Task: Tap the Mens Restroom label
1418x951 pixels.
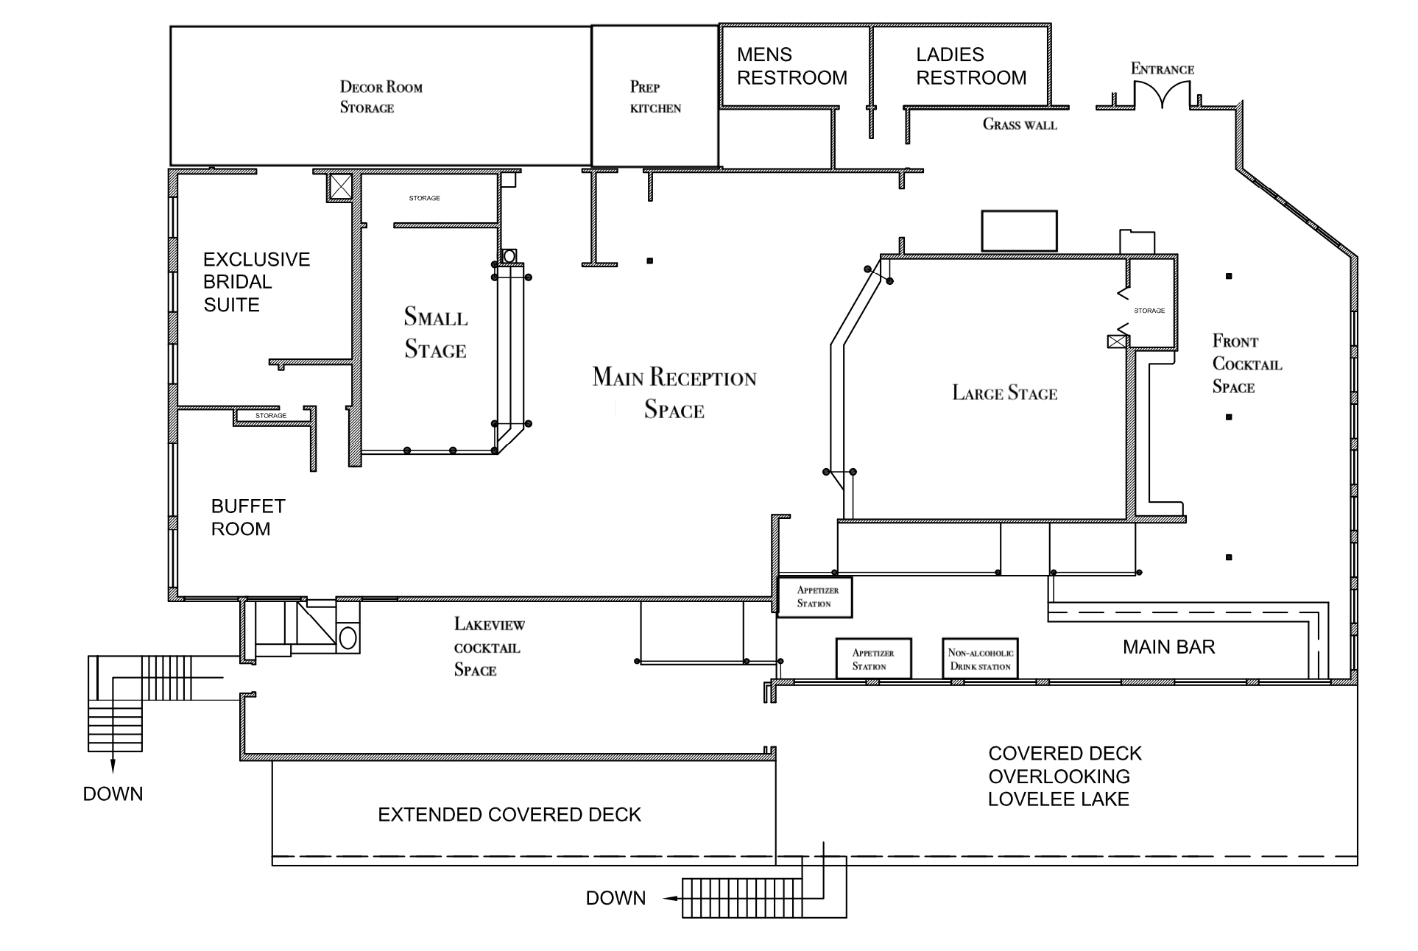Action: [x=791, y=66]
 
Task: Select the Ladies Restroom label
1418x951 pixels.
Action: [x=970, y=66]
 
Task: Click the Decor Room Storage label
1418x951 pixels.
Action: [x=381, y=97]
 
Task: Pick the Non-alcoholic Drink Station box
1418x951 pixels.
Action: [x=981, y=659]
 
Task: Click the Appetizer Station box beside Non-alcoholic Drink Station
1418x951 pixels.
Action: [x=873, y=659]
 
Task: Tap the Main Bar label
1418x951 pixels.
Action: [x=1168, y=647]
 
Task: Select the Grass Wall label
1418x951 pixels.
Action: [x=1020, y=124]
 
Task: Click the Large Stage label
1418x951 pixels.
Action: [x=1004, y=393]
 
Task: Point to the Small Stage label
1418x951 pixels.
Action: [x=435, y=333]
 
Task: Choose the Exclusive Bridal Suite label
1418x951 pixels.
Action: [x=256, y=282]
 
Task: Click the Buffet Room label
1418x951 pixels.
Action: [x=247, y=517]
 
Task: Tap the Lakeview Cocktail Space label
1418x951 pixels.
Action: [x=488, y=647]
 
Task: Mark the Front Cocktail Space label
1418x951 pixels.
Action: [x=1246, y=364]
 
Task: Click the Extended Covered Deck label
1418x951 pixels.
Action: [x=509, y=815]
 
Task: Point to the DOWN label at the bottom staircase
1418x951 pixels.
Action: [x=615, y=898]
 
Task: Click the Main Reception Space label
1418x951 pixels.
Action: [x=674, y=393]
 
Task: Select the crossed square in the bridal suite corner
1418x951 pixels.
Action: [x=340, y=186]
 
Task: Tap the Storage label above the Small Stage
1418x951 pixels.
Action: [x=424, y=198]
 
